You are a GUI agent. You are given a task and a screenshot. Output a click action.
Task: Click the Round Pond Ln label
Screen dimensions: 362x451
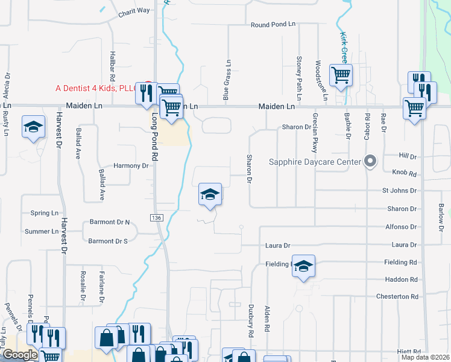coord(273,25)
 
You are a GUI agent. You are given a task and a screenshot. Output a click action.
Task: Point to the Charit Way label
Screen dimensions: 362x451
coord(134,11)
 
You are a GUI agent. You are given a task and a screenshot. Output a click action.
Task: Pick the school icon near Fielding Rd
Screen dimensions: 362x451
coord(304,267)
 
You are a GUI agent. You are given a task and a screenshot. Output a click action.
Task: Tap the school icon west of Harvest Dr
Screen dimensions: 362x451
coord(34,127)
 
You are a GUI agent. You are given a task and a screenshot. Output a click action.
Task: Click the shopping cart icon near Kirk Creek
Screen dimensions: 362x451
coord(341,75)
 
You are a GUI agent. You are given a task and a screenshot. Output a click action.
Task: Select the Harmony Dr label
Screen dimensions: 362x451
coord(131,165)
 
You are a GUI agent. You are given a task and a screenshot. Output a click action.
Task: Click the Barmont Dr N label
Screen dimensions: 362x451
coord(110,222)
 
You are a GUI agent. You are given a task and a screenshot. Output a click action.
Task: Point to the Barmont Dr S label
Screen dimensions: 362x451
coord(108,241)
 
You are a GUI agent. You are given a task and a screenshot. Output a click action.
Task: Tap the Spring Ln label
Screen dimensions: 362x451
coord(45,213)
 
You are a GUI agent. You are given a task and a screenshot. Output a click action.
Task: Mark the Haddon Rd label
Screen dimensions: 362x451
coord(401,279)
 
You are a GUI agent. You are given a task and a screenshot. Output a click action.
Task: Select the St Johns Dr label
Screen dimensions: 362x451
coord(399,191)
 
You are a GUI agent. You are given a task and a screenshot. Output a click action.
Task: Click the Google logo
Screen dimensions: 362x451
coord(20,355)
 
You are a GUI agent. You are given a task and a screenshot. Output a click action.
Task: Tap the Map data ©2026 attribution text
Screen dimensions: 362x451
coord(424,357)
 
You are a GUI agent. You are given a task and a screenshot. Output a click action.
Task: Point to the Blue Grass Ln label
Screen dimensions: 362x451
coord(227,79)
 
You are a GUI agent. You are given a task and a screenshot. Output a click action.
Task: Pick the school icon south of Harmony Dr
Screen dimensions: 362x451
coord(210,195)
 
